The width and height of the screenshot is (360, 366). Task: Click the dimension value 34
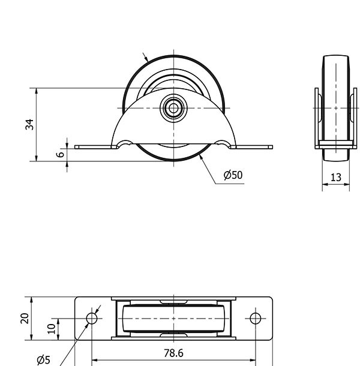pyautogui.click(x=29, y=124)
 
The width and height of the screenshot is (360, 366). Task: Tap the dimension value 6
pyautogui.click(x=61, y=154)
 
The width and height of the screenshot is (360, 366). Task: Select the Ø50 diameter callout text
pyautogui.click(x=233, y=175)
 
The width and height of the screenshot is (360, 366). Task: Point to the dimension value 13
pyautogui.click(x=336, y=178)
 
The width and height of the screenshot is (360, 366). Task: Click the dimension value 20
pyautogui.click(x=25, y=319)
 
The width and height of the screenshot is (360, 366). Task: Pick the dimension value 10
pyautogui.click(x=51, y=329)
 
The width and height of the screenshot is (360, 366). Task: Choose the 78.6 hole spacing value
pyautogui.click(x=173, y=353)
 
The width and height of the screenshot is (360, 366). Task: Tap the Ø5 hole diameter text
pyautogui.click(x=44, y=359)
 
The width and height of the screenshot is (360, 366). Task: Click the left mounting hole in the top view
pyautogui.click(x=92, y=319)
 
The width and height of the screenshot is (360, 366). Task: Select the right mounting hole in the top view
pyautogui.click(x=256, y=319)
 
